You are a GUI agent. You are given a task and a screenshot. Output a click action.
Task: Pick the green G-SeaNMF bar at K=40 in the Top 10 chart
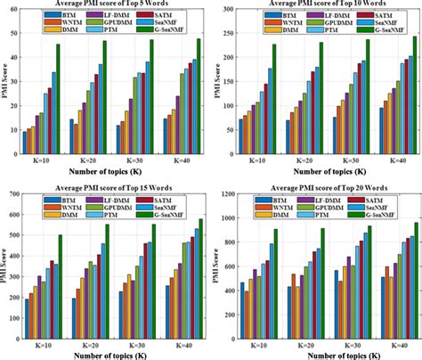point(413,85)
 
